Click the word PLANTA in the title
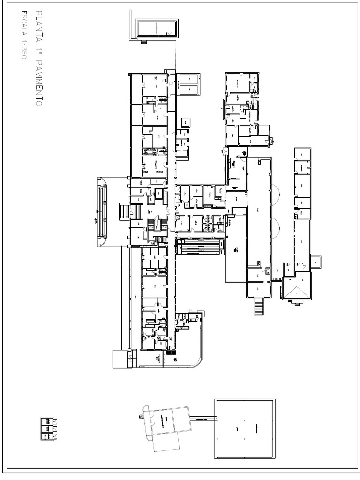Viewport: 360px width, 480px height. click(38, 23)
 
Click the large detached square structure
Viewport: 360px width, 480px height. click(245, 428)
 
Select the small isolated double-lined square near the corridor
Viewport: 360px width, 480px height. click(186, 122)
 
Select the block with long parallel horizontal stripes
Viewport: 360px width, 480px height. click(200, 246)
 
